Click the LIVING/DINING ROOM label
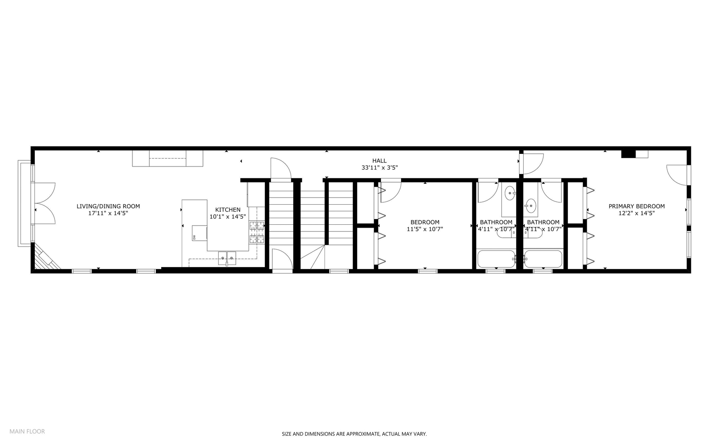(x=108, y=206)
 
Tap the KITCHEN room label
(x=228, y=210)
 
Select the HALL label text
(x=379, y=161)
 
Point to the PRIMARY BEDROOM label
(x=636, y=206)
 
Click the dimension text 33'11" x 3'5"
(x=379, y=168)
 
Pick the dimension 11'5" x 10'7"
(x=425, y=229)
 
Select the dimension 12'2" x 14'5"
(x=636, y=213)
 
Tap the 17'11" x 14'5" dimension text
(x=108, y=213)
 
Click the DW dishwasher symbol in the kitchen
(x=194, y=237)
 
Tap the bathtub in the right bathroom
(x=543, y=259)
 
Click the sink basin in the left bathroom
(x=509, y=193)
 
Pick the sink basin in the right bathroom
(x=531, y=205)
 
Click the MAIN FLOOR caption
(x=27, y=431)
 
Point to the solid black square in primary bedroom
(x=628, y=154)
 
